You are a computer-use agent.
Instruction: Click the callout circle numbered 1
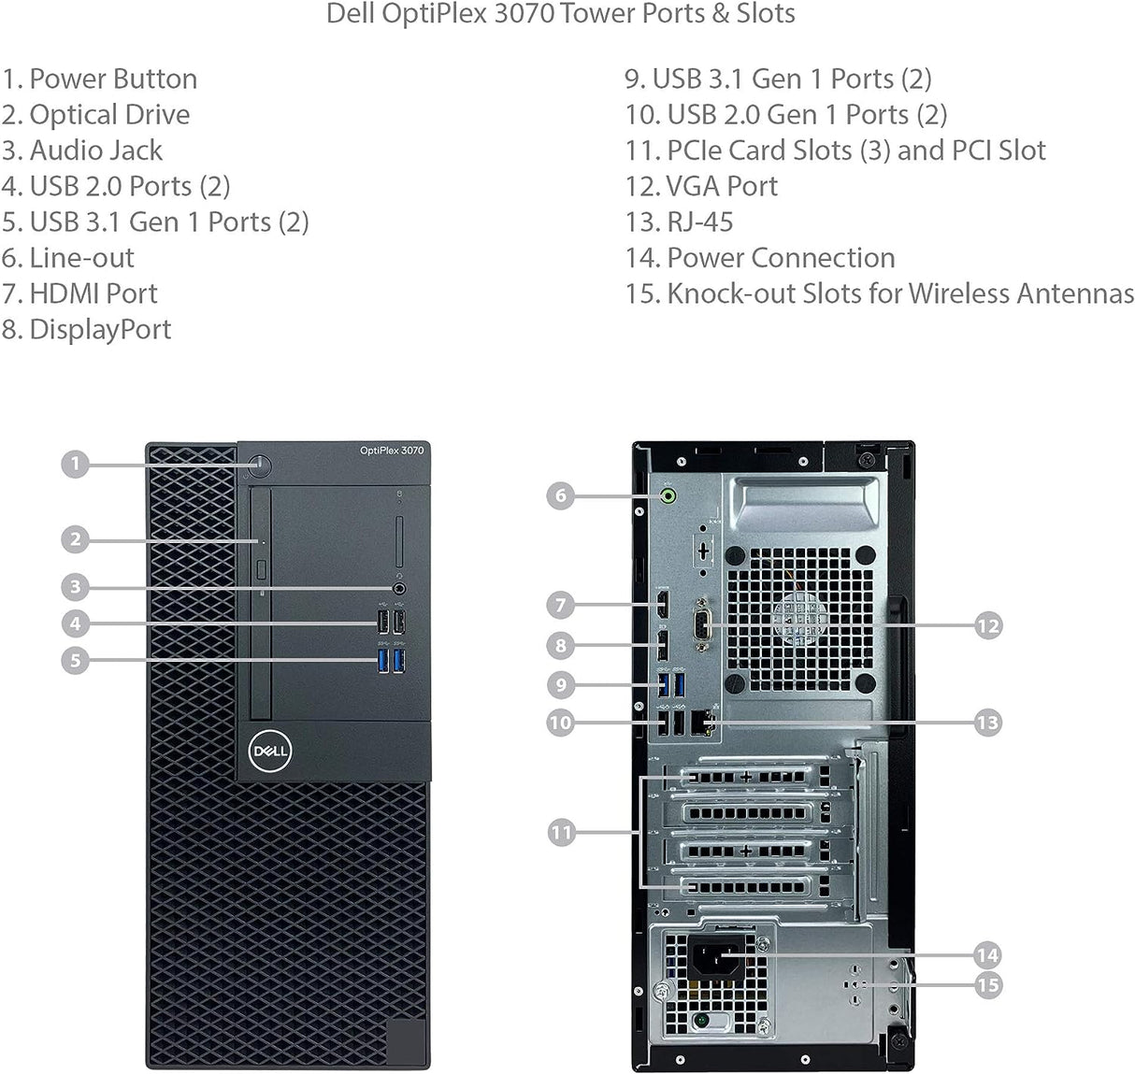click(x=76, y=464)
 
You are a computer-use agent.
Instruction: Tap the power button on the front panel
click(x=261, y=465)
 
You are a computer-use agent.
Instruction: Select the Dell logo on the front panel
click(x=270, y=751)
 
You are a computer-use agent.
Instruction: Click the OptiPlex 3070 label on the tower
click(x=392, y=451)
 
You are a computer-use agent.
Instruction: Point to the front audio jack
click(x=400, y=589)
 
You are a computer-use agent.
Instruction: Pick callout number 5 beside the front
click(x=76, y=660)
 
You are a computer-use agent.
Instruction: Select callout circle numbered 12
click(x=987, y=625)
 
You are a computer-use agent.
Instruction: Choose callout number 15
click(x=987, y=985)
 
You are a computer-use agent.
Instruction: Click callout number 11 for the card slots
click(x=561, y=832)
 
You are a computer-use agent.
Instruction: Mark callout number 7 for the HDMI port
click(x=560, y=605)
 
